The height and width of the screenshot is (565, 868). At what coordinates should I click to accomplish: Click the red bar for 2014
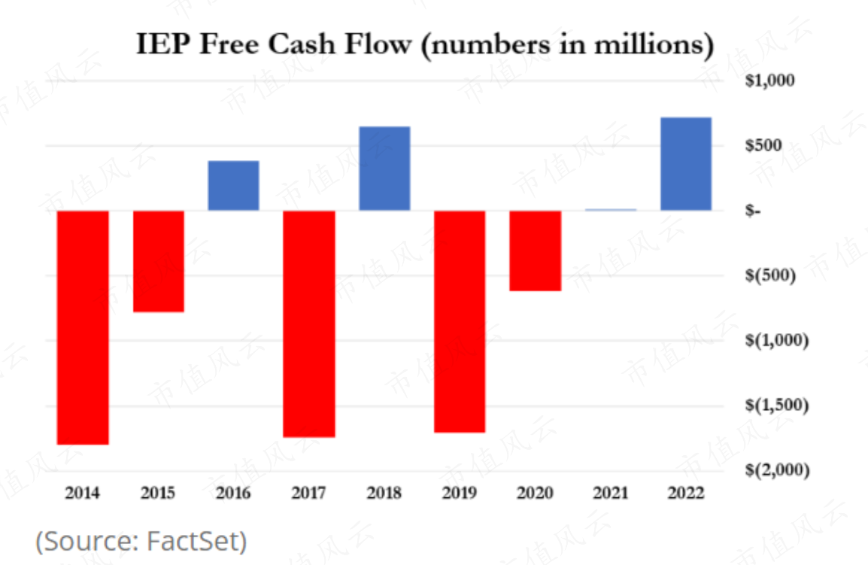83,327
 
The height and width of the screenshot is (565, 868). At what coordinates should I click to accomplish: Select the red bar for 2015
159,261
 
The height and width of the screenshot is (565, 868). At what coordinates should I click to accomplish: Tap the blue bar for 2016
234,186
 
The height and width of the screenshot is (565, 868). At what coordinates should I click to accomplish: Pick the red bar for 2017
309,324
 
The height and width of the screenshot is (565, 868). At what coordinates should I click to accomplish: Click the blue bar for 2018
384,169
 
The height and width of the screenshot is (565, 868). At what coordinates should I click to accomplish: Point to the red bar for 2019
460,321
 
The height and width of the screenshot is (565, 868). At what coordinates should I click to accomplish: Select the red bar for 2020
535,251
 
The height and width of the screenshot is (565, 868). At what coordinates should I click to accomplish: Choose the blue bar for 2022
685,164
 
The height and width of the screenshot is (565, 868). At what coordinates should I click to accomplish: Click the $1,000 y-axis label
769,80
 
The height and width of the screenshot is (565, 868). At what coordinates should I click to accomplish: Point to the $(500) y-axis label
769,275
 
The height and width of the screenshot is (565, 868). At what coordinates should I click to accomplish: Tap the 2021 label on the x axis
610,494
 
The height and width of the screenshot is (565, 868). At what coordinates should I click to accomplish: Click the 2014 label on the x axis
83,494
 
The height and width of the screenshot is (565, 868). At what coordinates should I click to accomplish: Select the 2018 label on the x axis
384,494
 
